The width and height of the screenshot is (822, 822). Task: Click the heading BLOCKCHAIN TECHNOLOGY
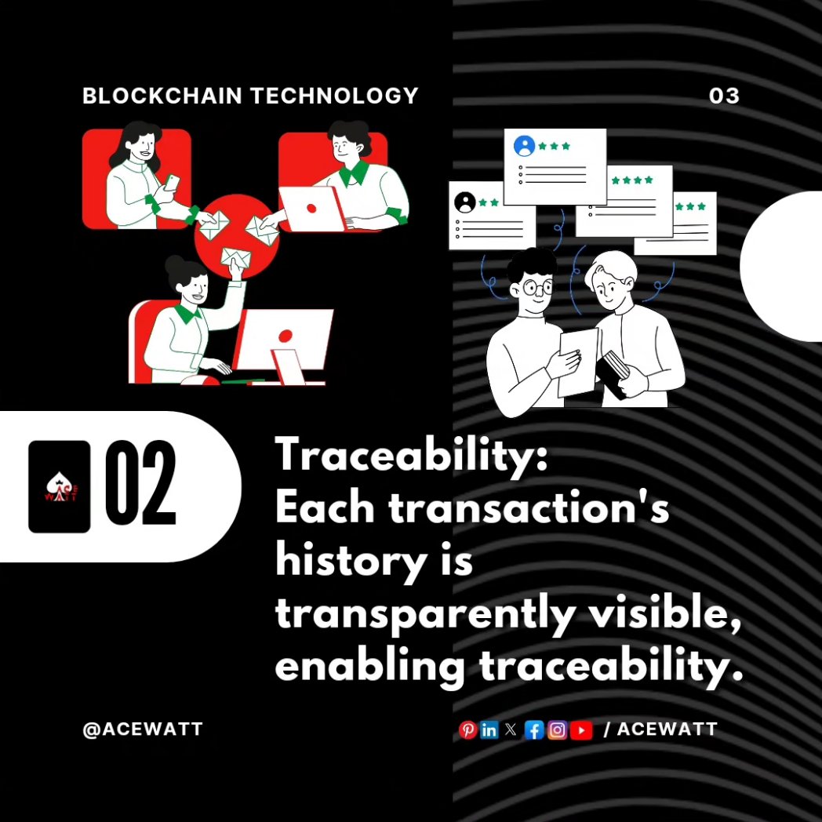point(250,96)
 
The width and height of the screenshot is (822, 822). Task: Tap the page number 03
point(724,96)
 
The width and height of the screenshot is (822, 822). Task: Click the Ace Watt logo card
point(60,487)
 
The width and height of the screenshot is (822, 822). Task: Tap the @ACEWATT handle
point(143,729)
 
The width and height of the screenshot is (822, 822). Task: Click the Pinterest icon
point(467,730)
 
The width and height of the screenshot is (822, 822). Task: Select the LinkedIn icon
point(489,730)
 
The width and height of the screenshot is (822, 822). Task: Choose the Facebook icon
point(534,730)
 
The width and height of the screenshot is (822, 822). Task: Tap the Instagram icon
point(558,730)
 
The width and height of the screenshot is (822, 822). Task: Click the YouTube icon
point(581,730)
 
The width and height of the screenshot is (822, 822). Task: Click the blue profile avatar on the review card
point(524,146)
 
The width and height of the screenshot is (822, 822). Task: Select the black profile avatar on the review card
point(465,202)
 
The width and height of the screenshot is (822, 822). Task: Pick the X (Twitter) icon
point(511,730)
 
